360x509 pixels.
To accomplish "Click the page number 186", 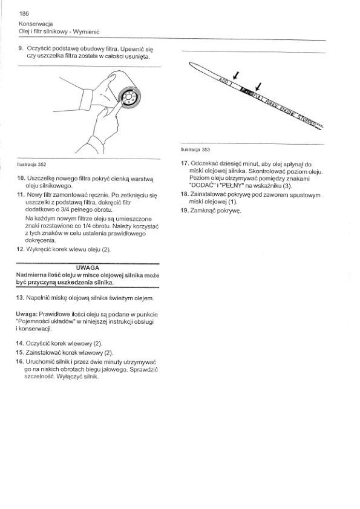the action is pyautogui.click(x=24, y=13).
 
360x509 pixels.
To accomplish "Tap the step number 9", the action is pyautogui.click(x=21, y=48).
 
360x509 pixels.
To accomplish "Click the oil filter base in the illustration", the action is pyautogui.click(x=129, y=97).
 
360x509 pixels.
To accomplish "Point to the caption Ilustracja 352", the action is pyautogui.click(x=31, y=164).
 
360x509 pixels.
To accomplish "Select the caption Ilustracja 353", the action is pyautogui.click(x=195, y=149).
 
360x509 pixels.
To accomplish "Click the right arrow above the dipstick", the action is pyautogui.click(x=258, y=87).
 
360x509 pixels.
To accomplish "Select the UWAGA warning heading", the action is pyautogui.click(x=87, y=268).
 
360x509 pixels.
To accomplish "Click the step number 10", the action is pyautogui.click(x=21, y=179).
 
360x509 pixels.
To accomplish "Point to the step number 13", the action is pyautogui.click(x=20, y=298).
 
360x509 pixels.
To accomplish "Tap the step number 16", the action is pyautogui.click(x=20, y=362).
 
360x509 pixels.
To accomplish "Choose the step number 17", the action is pyautogui.click(x=185, y=164).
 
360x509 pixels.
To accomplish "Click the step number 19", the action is pyautogui.click(x=185, y=211).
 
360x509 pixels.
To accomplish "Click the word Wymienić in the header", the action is pyautogui.click(x=86, y=31).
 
